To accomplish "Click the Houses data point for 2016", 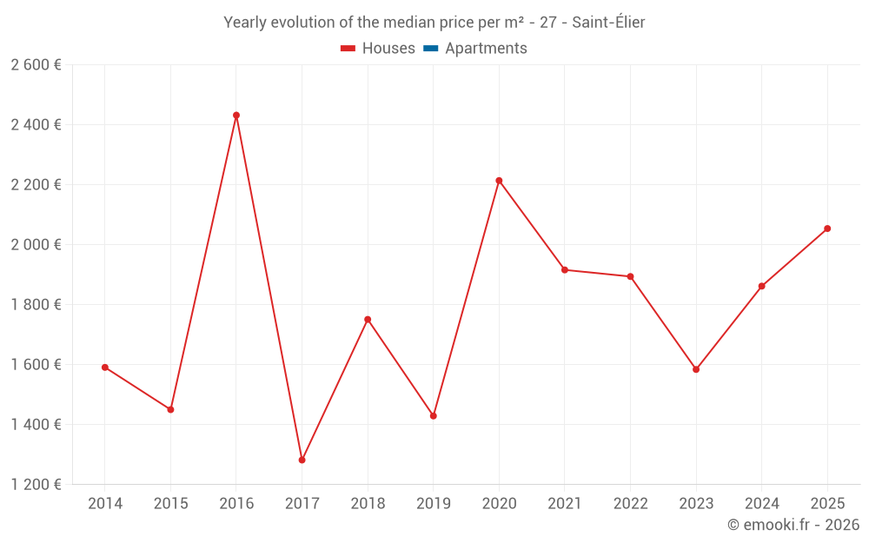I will pos(236,115).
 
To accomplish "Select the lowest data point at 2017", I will pos(302,460).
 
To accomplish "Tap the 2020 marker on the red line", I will pos(499,181).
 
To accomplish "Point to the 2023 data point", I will pos(696,369).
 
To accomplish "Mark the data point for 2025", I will pos(827,228).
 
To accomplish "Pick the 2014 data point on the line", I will pos(105,368).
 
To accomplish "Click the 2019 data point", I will pos(433,416).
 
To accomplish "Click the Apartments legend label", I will pos(486,49).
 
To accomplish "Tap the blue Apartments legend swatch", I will pos(430,49).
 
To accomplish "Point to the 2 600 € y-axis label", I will pos(36,65).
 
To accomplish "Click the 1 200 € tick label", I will pos(36,485).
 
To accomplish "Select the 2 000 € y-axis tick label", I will pos(36,245).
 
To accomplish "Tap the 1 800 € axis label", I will pos(36,305).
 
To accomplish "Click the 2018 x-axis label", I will pos(368,504).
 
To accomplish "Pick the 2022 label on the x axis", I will pos(630,504).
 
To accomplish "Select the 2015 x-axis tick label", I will pos(170,504).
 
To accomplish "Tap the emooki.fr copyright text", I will pos(793,525).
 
